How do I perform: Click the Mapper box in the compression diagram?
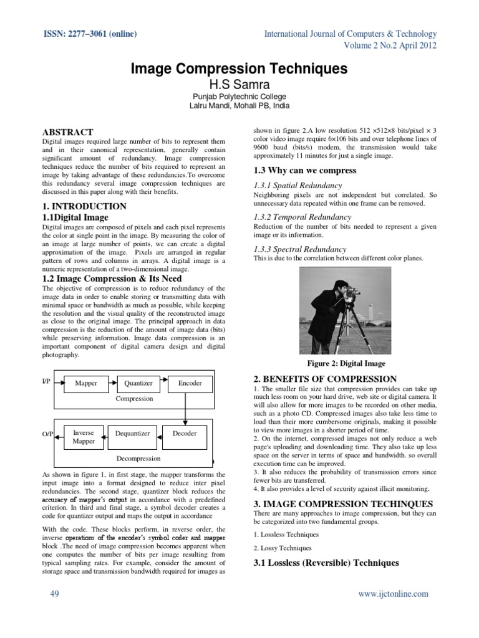click(86, 383)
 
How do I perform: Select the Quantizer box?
click(138, 383)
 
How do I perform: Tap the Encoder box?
click(190, 383)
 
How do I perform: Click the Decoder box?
click(185, 434)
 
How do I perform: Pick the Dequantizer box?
click(133, 434)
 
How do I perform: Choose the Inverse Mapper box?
click(83, 437)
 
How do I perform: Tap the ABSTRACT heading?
click(67, 132)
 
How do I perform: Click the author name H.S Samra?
click(239, 83)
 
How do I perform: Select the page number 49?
click(54, 594)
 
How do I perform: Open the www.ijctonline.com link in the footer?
click(393, 594)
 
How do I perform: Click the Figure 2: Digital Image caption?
click(346, 363)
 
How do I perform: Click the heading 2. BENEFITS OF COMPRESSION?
click(325, 379)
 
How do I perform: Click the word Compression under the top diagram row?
click(134, 398)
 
